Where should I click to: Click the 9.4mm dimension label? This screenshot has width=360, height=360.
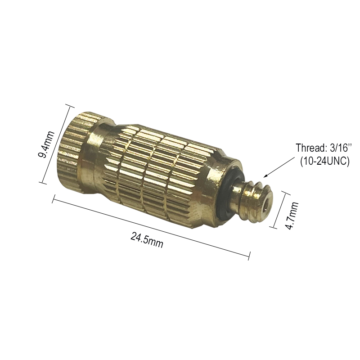[x=46, y=144]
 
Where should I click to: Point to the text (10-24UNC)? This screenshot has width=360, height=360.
[x=324, y=161]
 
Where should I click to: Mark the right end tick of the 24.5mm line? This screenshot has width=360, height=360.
[x=249, y=256]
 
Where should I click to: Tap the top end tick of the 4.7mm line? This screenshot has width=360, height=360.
[x=285, y=193]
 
